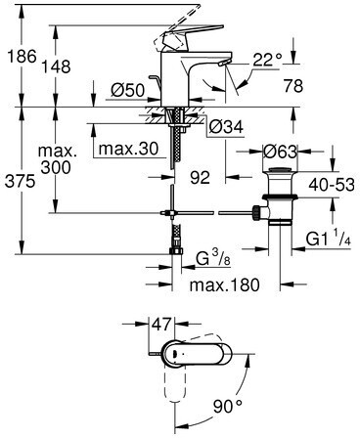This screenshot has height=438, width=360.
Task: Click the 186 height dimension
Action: coord(22,57)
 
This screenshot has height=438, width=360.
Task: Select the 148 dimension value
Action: coord(57,66)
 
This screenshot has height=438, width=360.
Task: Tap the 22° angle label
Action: coord(267,61)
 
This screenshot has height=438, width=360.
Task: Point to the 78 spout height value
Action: coord(293,86)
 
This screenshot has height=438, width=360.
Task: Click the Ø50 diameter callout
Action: coord(127,90)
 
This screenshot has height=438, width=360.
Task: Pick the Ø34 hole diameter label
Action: coord(226,127)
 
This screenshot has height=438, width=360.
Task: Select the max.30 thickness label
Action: coord(128,149)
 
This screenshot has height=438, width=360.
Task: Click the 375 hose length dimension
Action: coord(20,181)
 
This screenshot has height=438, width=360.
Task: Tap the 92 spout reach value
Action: coord(200,177)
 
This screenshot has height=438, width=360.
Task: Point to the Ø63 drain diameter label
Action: coord(280,152)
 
